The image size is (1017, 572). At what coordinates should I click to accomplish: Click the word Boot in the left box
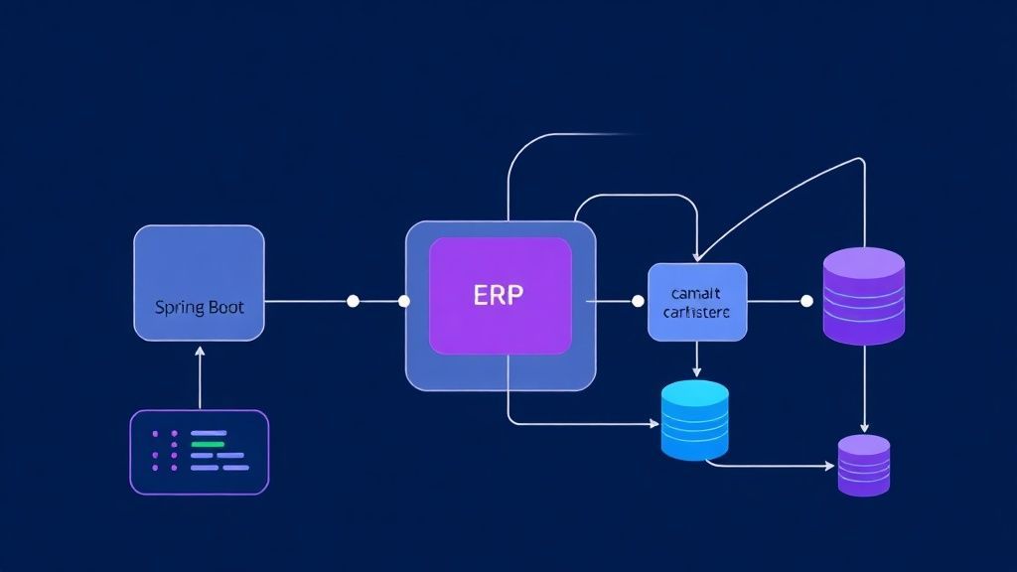click(223, 308)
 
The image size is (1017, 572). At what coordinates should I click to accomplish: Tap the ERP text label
click(500, 296)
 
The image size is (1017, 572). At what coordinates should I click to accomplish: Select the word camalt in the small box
click(695, 293)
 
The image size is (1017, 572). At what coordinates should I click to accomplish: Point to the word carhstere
click(696, 312)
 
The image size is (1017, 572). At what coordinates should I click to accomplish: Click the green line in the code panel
click(207, 444)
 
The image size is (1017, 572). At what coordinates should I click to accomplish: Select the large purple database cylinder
click(864, 296)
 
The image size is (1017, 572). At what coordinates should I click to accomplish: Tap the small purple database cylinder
click(863, 465)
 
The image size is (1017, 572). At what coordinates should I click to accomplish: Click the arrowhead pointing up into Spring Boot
click(200, 351)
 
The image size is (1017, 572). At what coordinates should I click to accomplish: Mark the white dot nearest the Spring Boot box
click(353, 301)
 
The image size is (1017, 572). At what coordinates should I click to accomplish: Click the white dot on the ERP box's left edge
click(403, 301)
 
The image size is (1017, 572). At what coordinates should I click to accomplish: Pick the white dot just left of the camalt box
click(638, 301)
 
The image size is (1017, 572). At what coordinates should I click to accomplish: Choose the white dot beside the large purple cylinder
click(806, 301)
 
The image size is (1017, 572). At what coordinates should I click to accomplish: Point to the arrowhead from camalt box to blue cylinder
click(697, 371)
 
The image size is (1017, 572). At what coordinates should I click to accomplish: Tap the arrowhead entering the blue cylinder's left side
click(654, 424)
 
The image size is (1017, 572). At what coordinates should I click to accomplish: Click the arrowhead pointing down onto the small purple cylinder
click(864, 428)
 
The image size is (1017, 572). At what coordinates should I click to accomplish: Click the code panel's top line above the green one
click(209, 433)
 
